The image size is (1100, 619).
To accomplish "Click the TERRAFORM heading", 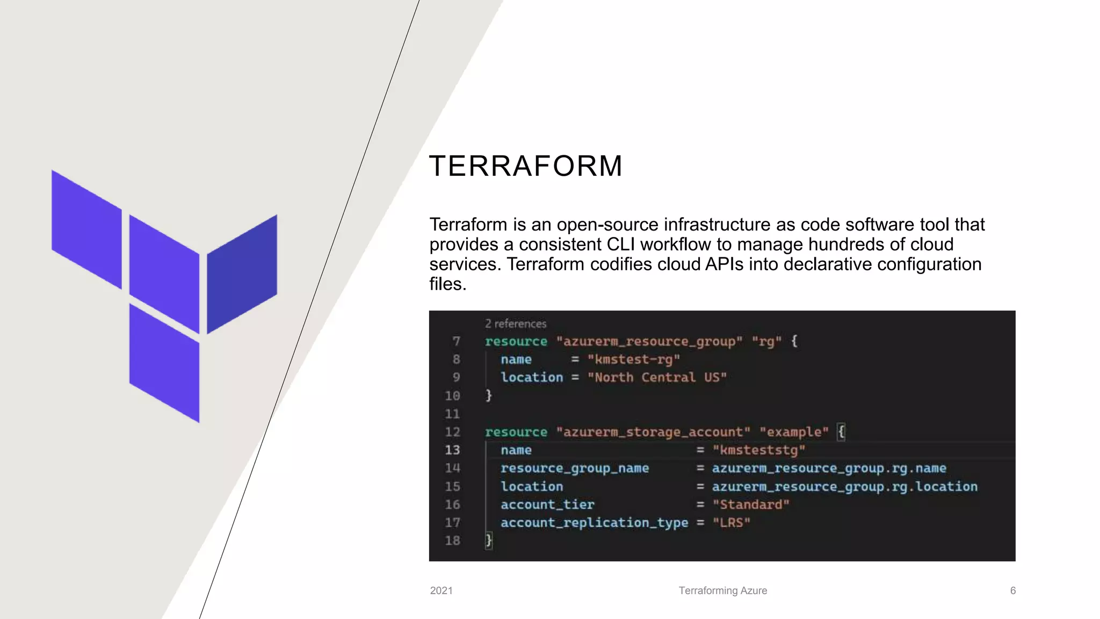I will pos(525,165).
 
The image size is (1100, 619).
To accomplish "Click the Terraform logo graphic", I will pos(164,296).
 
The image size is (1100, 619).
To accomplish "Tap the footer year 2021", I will pos(441,591).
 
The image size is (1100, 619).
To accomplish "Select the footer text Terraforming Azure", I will pos(722,591).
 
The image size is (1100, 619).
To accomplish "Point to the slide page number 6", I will pos(1012,591).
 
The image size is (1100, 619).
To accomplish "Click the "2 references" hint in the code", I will pos(515,323).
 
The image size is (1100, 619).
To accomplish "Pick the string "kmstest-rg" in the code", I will pos(634,359).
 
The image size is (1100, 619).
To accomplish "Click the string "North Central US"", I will pos(657,377).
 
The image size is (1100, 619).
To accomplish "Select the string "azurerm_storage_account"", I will pos(653,432).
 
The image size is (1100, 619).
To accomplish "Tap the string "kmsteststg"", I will pos(759,450).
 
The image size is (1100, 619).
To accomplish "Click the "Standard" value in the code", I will pos(751,505).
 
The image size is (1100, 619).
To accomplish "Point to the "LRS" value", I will pos(731,522).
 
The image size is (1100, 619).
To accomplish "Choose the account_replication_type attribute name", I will pos(594,522).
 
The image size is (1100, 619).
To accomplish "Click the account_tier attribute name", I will pos(547,505).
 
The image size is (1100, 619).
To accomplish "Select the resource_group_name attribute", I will pos(575,468).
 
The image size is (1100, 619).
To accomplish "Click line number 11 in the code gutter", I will pos(452,414).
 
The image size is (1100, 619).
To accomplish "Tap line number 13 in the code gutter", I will pos(452,450).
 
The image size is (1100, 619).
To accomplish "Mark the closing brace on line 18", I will pos(489,540).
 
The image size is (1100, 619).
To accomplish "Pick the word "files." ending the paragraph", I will pos(447,284).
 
